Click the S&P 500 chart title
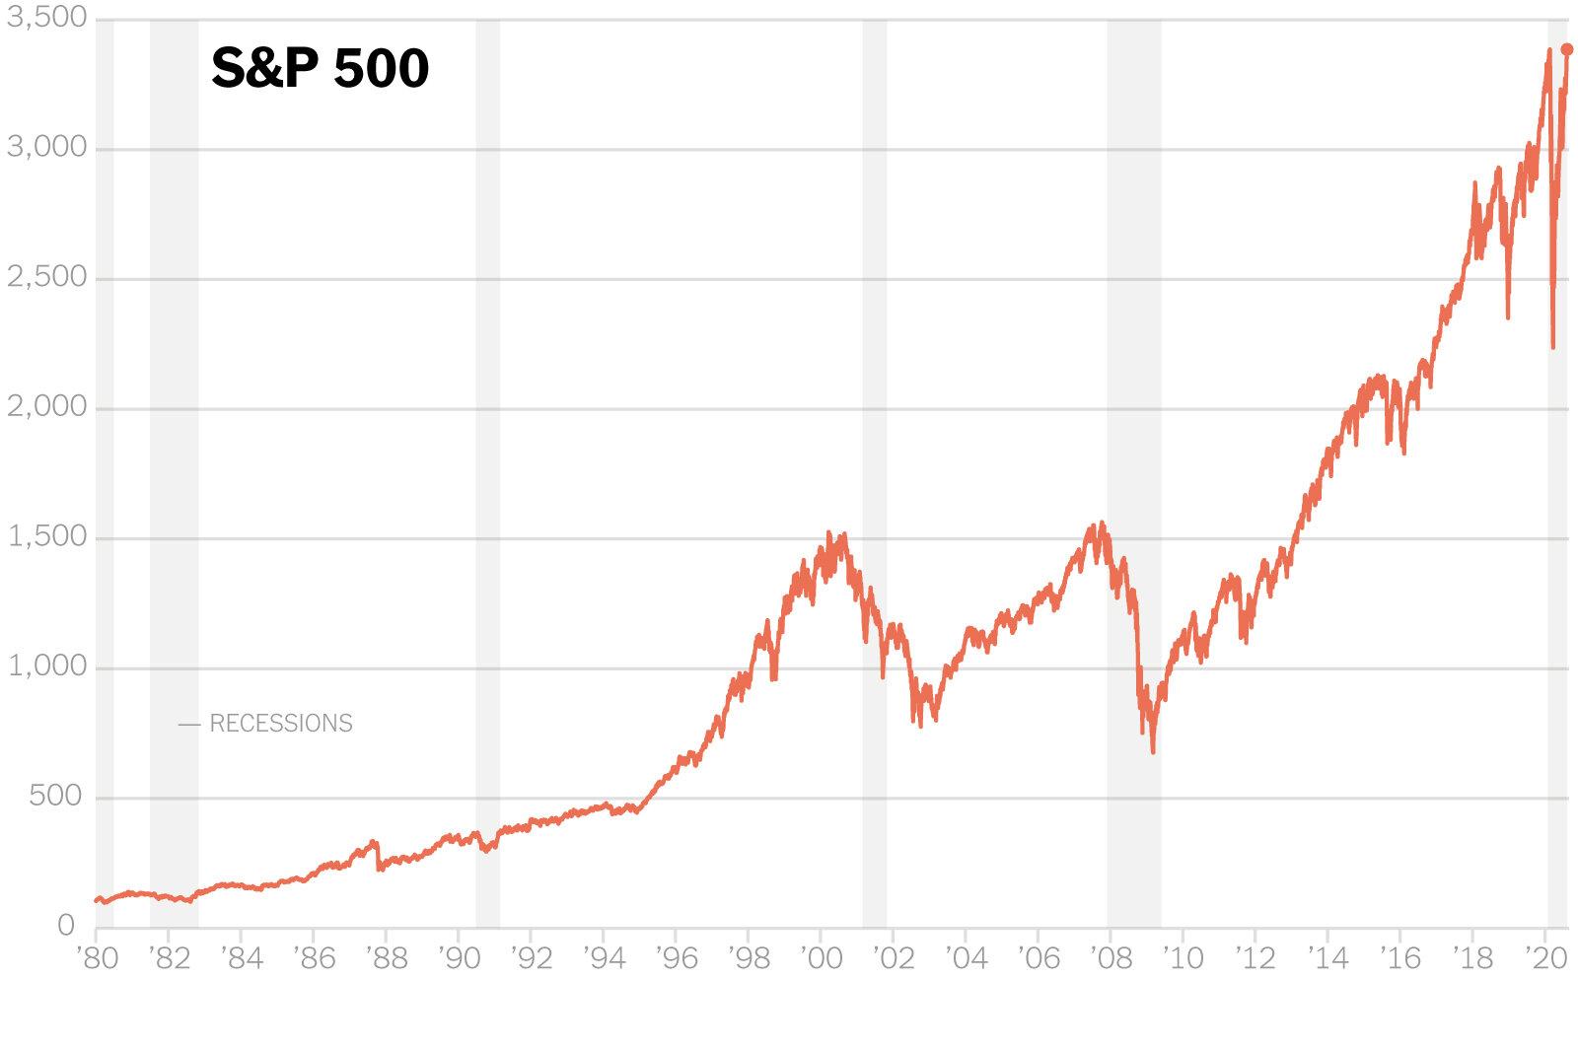[x=321, y=69]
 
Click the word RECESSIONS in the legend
[x=281, y=724]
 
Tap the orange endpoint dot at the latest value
[x=1567, y=49]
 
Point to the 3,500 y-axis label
[x=46, y=19]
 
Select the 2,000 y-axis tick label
[x=46, y=407]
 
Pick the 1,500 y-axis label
[x=46, y=536]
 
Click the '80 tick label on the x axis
[x=97, y=957]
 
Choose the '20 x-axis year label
[x=1545, y=957]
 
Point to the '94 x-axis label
[x=604, y=957]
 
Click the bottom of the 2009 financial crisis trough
[x=1153, y=752]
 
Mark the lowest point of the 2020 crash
[x=1553, y=347]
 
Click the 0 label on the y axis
[x=67, y=925]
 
